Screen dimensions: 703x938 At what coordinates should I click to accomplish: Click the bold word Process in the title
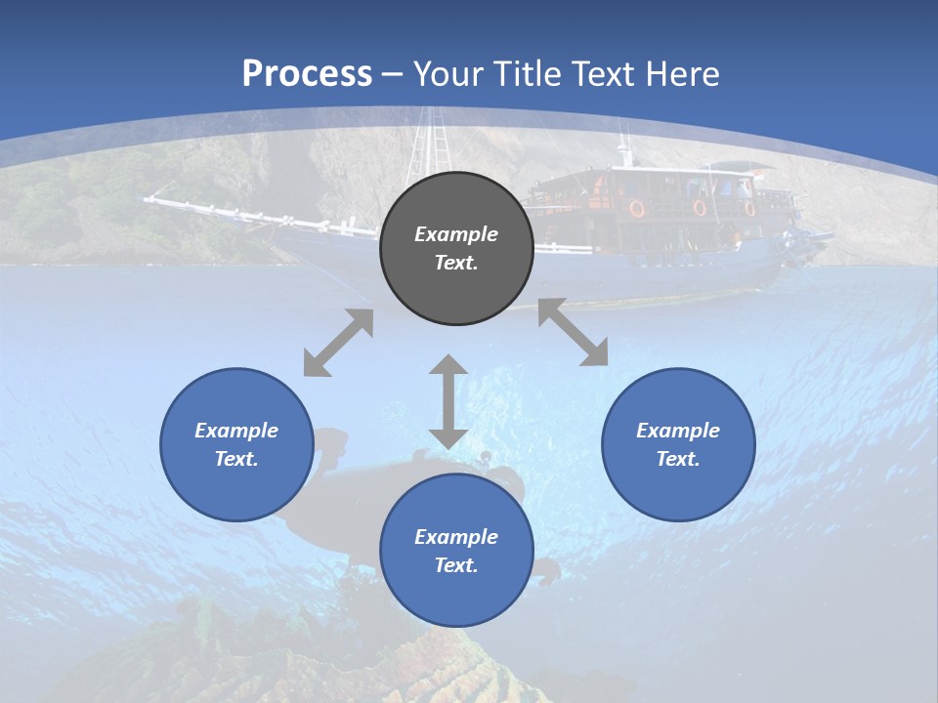click(x=307, y=74)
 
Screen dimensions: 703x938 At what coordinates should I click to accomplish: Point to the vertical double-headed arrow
click(x=448, y=401)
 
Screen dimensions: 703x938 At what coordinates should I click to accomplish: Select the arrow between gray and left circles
click(x=338, y=343)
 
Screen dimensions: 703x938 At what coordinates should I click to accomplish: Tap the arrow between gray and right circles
click(x=573, y=332)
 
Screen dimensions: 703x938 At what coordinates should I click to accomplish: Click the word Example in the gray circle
click(x=456, y=234)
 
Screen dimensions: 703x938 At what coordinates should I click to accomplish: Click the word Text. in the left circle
click(x=236, y=459)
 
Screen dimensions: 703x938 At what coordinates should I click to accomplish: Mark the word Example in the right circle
click(x=678, y=431)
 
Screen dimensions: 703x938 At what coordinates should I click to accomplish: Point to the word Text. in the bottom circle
click(x=456, y=565)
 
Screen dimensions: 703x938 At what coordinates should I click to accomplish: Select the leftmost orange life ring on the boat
click(x=636, y=208)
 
